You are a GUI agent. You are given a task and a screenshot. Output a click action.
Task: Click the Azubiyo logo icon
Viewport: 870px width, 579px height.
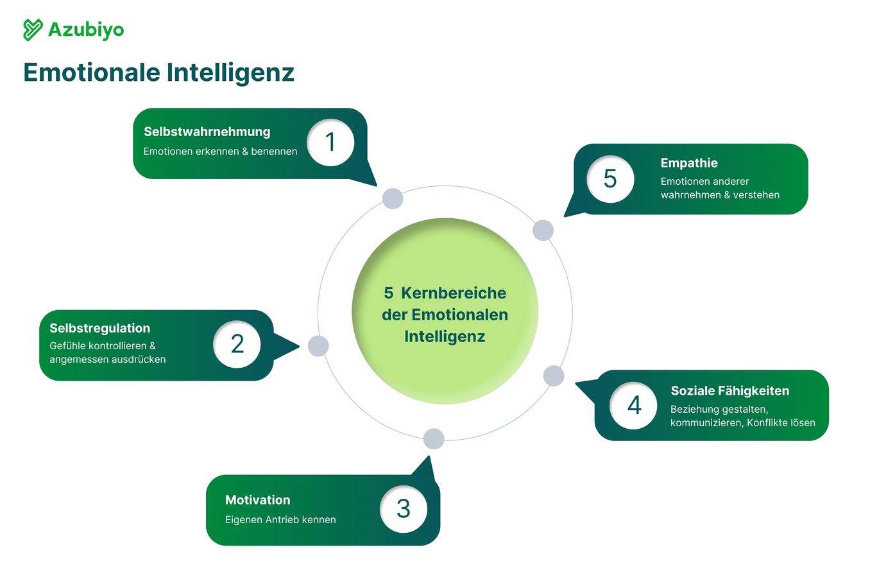click(33, 30)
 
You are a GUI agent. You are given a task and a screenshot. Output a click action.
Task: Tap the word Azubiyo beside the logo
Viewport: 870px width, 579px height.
click(86, 30)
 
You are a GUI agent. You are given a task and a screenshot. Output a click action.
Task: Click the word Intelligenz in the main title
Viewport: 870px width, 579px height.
click(230, 73)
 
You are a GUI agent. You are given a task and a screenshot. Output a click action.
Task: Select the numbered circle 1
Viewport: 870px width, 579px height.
click(330, 143)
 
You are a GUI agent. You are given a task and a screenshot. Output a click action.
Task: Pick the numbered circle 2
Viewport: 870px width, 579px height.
click(237, 344)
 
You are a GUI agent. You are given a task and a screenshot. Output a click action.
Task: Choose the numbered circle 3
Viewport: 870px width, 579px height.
click(403, 508)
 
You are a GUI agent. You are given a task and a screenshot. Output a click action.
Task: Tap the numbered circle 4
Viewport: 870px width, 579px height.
click(633, 405)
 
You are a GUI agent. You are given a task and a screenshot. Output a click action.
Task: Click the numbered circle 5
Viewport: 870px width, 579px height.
click(610, 179)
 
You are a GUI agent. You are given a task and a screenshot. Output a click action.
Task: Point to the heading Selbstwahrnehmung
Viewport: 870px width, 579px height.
click(207, 132)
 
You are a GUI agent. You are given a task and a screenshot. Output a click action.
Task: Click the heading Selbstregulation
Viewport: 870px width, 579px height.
click(100, 329)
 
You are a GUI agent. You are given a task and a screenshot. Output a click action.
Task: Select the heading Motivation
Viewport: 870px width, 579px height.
click(257, 500)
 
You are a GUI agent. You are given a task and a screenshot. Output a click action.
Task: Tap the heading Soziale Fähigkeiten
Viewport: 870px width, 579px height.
click(729, 390)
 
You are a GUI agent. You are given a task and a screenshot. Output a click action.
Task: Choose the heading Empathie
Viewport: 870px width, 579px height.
click(689, 163)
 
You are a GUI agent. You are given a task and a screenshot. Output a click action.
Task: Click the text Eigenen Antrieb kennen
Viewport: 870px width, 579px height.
click(280, 519)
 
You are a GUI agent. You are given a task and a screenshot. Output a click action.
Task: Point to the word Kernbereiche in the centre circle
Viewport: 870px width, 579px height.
click(454, 293)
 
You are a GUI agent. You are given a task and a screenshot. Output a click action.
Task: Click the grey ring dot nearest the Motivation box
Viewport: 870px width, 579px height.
click(434, 438)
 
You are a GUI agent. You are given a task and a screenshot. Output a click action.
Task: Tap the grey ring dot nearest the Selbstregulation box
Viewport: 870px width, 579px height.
click(318, 346)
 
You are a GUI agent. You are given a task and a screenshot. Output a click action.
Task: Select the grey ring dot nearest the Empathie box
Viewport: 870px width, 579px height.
click(543, 230)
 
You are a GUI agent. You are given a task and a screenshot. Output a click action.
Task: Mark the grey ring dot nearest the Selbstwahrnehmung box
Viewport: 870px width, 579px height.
click(393, 198)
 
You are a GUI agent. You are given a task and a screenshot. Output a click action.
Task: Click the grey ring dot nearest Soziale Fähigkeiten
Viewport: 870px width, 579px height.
click(554, 376)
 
